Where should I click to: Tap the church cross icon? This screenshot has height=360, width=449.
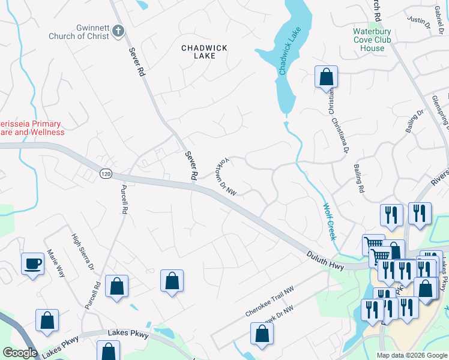(118, 31)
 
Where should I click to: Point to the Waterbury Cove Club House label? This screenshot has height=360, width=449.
(372, 40)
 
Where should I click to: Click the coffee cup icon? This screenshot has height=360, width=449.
(32, 263)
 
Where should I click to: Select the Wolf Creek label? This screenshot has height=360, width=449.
(330, 221)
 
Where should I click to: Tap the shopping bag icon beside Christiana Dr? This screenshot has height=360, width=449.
(327, 77)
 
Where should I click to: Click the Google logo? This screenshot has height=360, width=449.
(19, 353)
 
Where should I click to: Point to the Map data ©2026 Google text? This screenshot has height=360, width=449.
(411, 355)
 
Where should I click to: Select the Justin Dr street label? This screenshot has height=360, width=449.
(420, 23)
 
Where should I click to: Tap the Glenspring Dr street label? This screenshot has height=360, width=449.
(440, 110)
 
